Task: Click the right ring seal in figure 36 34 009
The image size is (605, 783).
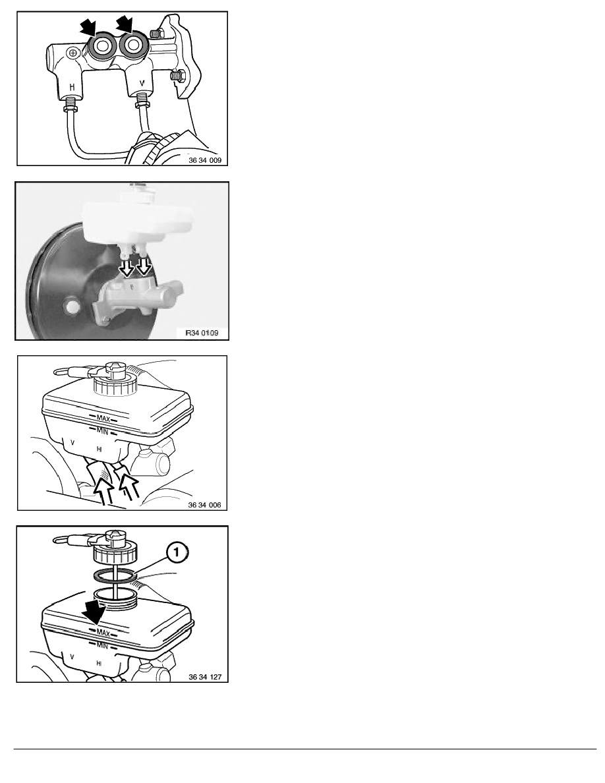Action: pyautogui.click(x=132, y=45)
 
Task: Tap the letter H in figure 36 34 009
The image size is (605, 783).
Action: pyautogui.click(x=72, y=87)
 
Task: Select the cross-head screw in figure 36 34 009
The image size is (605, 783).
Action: pyautogui.click(x=73, y=53)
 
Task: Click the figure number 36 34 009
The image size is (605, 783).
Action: pyautogui.click(x=205, y=161)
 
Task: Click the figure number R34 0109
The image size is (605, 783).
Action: pyautogui.click(x=202, y=333)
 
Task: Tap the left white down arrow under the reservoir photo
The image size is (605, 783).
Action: pyautogui.click(x=127, y=269)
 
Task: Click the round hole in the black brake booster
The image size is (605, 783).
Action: pyautogui.click(x=72, y=306)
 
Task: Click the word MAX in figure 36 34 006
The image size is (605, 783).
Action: pyautogui.click(x=103, y=419)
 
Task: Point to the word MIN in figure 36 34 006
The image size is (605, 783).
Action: pyautogui.click(x=102, y=431)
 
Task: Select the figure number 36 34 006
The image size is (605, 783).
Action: pyautogui.click(x=205, y=505)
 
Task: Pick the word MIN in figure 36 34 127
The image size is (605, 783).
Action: pyautogui.click(x=102, y=646)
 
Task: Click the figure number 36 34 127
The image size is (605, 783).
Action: pyautogui.click(x=205, y=677)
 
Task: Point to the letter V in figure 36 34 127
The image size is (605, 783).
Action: pyautogui.click(x=72, y=657)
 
